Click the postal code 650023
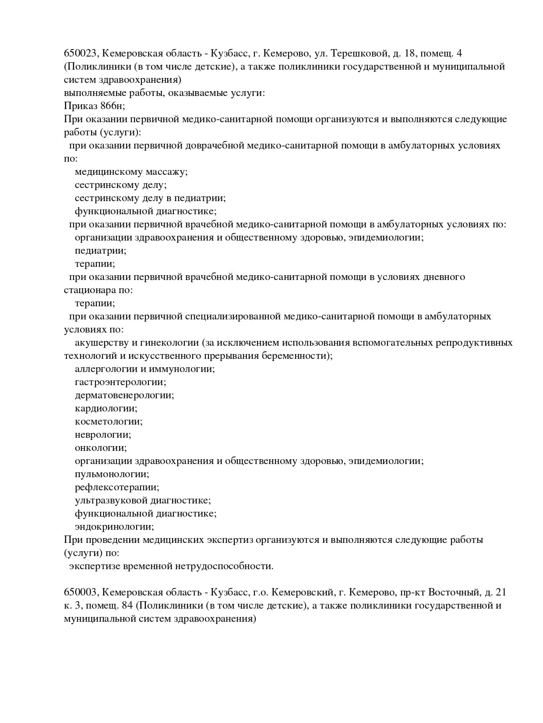click(81, 53)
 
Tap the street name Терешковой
click(360, 53)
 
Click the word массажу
click(166, 172)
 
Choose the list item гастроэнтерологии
click(120, 382)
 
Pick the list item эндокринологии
click(114, 527)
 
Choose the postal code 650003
click(81, 592)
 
